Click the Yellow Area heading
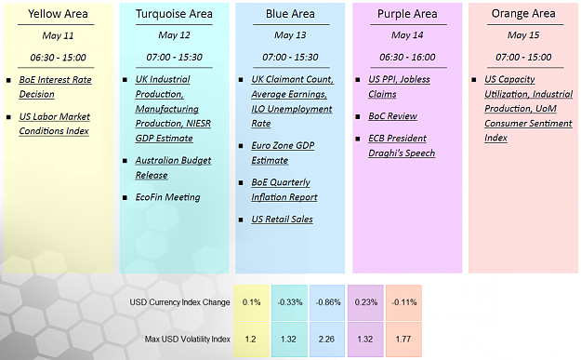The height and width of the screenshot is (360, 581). (58, 14)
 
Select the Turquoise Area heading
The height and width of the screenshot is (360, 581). (174, 14)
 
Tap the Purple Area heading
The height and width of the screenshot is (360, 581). (407, 14)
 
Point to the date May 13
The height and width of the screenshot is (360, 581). (290, 35)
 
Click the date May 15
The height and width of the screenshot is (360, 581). (523, 35)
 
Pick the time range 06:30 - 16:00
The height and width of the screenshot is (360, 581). (407, 57)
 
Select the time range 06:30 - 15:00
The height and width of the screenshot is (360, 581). (58, 58)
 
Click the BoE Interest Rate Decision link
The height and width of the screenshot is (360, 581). (55, 87)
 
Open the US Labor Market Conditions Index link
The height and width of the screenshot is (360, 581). (55, 124)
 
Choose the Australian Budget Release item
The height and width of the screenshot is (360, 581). (173, 167)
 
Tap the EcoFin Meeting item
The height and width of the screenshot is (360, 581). (167, 197)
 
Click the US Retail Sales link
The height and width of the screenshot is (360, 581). (282, 220)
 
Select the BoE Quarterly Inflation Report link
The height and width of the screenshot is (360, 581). (284, 190)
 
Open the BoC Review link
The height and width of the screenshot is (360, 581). (392, 116)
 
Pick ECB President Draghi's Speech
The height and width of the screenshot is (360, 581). (402, 146)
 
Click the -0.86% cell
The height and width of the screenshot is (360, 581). (327, 302)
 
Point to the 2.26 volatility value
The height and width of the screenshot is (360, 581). (326, 339)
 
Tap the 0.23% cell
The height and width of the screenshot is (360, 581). (365, 302)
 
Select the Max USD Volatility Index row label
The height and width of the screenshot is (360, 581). (187, 339)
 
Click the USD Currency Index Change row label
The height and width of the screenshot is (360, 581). (179, 302)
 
